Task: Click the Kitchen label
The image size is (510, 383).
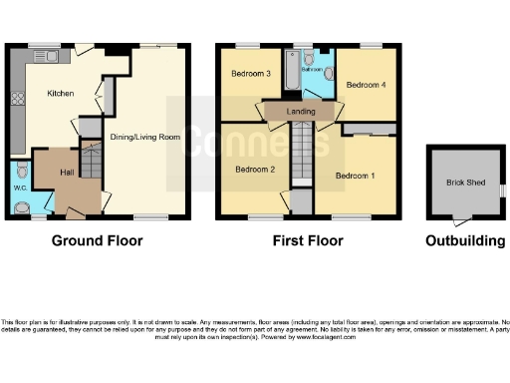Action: [x=61, y=94]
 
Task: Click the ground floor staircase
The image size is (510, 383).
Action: [x=91, y=160]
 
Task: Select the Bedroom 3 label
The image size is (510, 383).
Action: [x=252, y=74]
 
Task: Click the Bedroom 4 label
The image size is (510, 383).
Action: [x=366, y=85]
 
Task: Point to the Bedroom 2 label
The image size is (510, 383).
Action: [x=255, y=169]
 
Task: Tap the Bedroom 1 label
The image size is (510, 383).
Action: [x=356, y=176]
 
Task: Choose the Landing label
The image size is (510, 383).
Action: [x=302, y=112]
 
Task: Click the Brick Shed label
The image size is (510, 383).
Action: [x=463, y=182]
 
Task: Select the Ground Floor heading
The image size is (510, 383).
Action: [x=97, y=240]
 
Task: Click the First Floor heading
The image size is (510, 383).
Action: [x=308, y=240]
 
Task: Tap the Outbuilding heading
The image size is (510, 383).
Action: [x=464, y=240]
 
